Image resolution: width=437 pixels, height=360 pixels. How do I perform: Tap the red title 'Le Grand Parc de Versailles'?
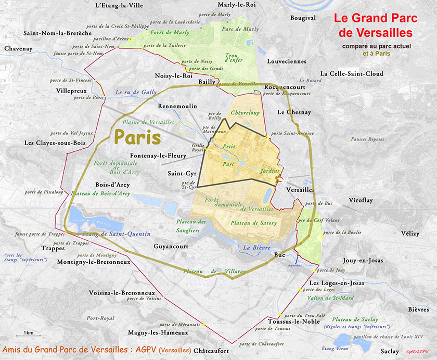click(373, 25)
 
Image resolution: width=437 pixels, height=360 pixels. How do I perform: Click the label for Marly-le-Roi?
click(237, 5)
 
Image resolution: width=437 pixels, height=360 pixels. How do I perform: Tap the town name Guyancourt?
click(173, 245)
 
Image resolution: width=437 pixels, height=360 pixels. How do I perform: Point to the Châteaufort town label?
click(211, 351)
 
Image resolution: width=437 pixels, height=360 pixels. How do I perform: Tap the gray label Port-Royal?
click(100, 318)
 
